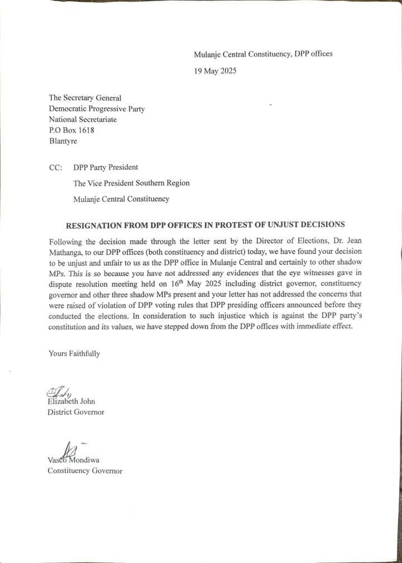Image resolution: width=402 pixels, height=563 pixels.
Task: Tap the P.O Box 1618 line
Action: pyautogui.click(x=72, y=130)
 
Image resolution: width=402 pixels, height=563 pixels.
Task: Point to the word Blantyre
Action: pyautogui.click(x=64, y=141)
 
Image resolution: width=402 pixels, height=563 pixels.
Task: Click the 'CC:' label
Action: pyautogui.click(x=56, y=167)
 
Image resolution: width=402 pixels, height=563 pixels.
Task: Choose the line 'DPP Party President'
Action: pyautogui.click(x=106, y=167)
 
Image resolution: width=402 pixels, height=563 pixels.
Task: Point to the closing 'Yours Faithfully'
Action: pyautogui.click(x=74, y=353)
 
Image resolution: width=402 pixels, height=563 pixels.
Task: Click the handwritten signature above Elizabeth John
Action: pyautogui.click(x=58, y=392)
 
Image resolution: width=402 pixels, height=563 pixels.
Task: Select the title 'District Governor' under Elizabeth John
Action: pyautogui.click(x=76, y=412)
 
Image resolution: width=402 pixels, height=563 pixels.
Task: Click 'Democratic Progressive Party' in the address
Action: pyautogui.click(x=97, y=109)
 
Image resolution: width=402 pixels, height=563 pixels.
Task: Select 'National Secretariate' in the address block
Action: pyautogui.click(x=83, y=119)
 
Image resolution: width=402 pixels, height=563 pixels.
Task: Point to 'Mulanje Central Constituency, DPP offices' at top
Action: pyautogui.click(x=263, y=54)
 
